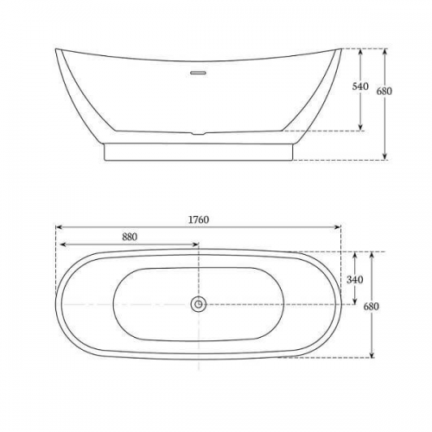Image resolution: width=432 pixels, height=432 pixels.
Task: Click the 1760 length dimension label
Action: tap(199, 219)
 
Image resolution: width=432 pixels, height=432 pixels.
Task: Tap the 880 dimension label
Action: tap(130, 237)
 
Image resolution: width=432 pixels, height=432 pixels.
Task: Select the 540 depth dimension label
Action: tap(360, 86)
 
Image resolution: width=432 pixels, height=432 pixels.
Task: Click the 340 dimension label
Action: tap(355, 280)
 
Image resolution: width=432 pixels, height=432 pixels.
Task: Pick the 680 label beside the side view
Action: tap(384, 92)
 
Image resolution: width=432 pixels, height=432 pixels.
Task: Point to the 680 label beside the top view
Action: tap(372, 307)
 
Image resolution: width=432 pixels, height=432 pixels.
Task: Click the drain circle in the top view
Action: tap(199, 304)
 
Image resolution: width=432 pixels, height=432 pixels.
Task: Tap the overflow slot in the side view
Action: tap(198, 73)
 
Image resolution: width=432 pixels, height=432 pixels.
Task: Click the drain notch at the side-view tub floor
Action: tap(198, 133)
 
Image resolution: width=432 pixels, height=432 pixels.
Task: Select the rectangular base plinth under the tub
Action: tap(199, 152)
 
